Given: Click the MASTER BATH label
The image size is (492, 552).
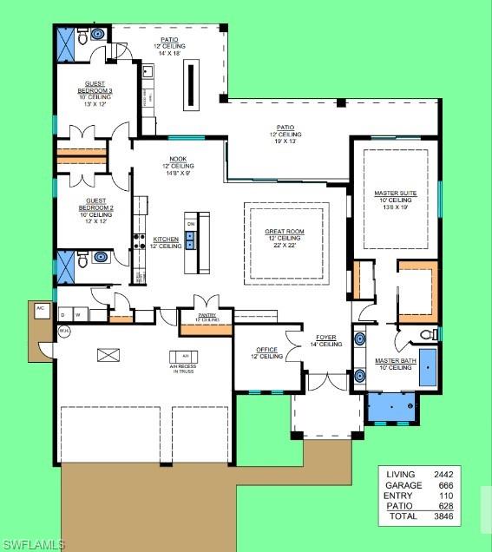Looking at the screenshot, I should pos(393,363).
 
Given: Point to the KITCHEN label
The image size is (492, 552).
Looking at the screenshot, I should pos(166,240).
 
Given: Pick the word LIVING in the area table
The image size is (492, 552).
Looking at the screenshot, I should pos(403,474).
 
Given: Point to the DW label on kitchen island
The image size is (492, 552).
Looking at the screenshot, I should pos(191,224).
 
